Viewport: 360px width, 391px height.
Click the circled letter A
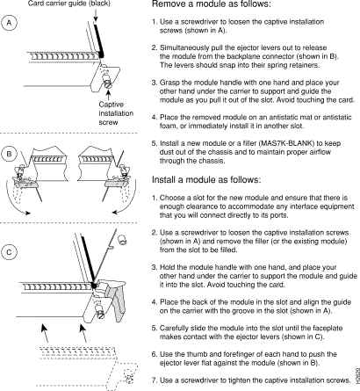pyautogui.click(x=9, y=23)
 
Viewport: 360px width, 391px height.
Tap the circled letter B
pyautogui.click(x=9, y=154)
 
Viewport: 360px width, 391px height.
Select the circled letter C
pyautogui.click(x=9, y=252)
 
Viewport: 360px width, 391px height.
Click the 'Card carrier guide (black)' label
pyautogui.click(x=69, y=4)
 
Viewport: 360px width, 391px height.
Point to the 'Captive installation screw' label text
pyautogui.click(x=116, y=113)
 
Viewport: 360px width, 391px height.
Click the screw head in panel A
pyautogui.click(x=108, y=85)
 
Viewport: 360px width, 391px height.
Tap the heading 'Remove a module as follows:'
pyautogui.click(x=212, y=4)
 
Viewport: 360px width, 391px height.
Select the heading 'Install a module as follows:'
pyautogui.click(x=206, y=179)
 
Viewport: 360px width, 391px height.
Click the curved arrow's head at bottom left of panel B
pyautogui.click(x=27, y=213)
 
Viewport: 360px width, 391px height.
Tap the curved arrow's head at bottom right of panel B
pyautogui.click(x=115, y=212)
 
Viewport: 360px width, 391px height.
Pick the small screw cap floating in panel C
pyautogui.click(x=121, y=239)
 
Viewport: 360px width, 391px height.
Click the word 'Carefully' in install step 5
pyautogui.click(x=174, y=329)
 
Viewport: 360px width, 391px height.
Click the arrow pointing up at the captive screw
pyautogui.click(x=109, y=95)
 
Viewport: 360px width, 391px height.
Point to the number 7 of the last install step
pyautogui.click(x=154, y=380)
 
